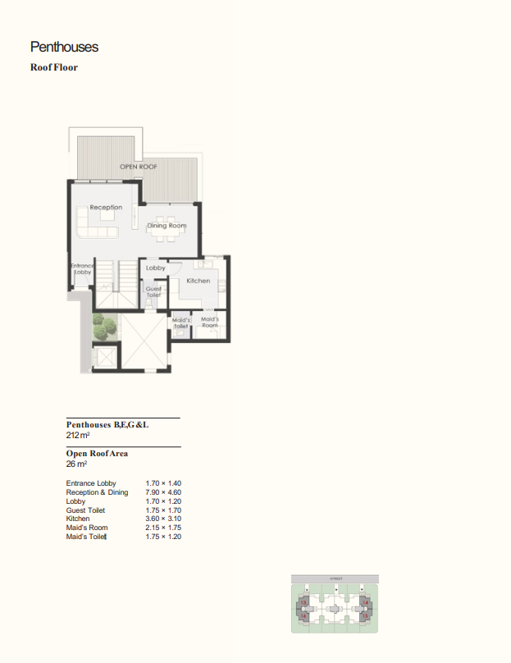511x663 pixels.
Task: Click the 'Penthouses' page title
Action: coord(64,48)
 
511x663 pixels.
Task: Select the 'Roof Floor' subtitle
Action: coord(54,67)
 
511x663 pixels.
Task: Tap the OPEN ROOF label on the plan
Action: coord(139,167)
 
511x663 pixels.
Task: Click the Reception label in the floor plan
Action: coord(106,208)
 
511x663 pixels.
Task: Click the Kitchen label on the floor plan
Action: coord(198,281)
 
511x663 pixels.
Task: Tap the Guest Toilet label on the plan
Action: coord(153,291)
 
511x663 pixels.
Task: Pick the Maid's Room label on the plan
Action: coord(209,322)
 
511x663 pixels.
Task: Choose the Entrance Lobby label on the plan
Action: coord(82,268)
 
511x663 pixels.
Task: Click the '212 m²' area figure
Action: coord(79,435)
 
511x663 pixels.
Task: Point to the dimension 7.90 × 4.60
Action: coord(163,492)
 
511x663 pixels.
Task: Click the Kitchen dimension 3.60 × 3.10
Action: coord(163,519)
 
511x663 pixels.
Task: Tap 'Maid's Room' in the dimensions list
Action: coord(87,528)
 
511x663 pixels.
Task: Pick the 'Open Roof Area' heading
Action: coord(97,453)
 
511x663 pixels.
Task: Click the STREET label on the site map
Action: coord(335,578)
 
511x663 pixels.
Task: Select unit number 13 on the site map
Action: coord(303,603)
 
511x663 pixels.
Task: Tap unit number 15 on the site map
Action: coord(365,615)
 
